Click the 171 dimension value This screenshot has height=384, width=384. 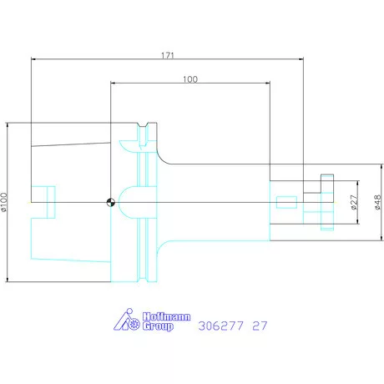168,55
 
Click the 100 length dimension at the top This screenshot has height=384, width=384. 190,79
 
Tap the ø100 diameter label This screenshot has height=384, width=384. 3,202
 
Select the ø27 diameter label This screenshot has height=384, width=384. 354,202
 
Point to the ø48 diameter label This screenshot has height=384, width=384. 377,202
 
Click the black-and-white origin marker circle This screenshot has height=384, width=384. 111,202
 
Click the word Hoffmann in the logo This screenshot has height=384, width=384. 167,316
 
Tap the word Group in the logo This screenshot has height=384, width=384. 158,326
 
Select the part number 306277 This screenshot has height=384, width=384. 221,326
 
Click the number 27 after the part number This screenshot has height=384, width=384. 260,326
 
